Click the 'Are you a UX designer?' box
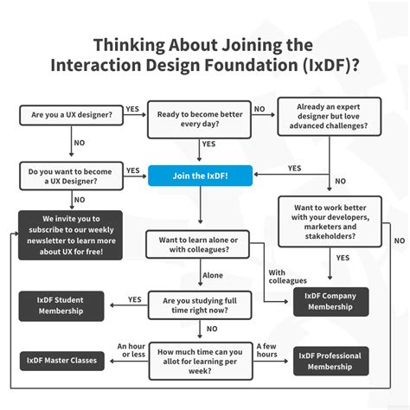(71, 116)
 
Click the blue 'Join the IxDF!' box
(200, 176)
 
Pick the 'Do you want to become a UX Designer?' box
(71, 176)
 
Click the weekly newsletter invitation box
(71, 235)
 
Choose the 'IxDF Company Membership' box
(330, 301)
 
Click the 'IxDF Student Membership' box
(63, 305)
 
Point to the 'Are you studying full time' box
(200, 305)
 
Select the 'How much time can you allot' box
(200, 359)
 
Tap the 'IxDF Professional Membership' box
(330, 361)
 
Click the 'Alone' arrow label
(214, 275)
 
